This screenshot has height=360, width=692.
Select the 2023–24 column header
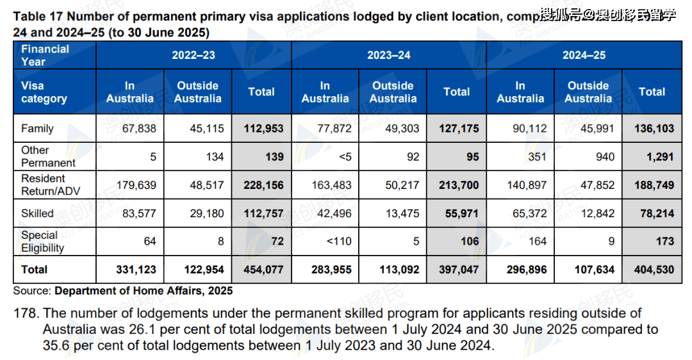pyautogui.click(x=389, y=55)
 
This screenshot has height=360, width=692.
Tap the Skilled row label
pyautogui.click(x=37, y=213)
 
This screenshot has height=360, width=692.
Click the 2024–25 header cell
pyautogui.click(x=584, y=55)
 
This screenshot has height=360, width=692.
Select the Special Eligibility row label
pyautogui.click(x=43, y=241)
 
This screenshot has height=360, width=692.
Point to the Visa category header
pyautogui.click(x=44, y=92)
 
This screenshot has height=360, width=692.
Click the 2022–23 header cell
pyautogui.click(x=194, y=55)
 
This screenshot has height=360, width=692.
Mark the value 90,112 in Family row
pyautogui.click(x=529, y=129)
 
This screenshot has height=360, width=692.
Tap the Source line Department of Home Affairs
pyautogui.click(x=143, y=291)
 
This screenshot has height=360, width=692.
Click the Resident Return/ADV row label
pyautogui.click(x=44, y=185)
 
